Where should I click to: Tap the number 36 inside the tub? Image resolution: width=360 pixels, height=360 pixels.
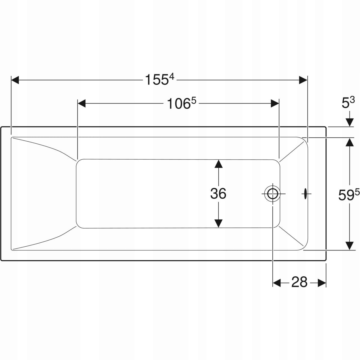218,193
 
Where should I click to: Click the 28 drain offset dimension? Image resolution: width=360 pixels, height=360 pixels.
299,282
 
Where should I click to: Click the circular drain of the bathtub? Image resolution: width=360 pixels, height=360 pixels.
272,193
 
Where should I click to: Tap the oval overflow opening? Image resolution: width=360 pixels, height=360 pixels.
305,193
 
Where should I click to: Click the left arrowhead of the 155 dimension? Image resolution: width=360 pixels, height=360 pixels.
15,80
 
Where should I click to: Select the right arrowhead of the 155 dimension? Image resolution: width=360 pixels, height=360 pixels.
303,80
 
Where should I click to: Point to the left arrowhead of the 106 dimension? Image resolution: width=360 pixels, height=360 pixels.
82,103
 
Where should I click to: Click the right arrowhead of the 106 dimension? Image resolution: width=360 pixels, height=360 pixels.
275,103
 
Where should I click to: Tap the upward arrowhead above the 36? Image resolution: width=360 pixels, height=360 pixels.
219,164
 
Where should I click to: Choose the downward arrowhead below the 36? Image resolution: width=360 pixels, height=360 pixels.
219,223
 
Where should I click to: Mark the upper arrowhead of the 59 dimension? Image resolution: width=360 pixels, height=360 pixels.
349,142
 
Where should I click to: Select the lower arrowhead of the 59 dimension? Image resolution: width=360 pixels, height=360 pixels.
349,245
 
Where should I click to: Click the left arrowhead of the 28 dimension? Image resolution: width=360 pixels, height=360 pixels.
277,283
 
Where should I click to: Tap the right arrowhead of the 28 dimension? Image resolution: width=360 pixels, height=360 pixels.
322,283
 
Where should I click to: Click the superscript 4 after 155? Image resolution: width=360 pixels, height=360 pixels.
171,77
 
